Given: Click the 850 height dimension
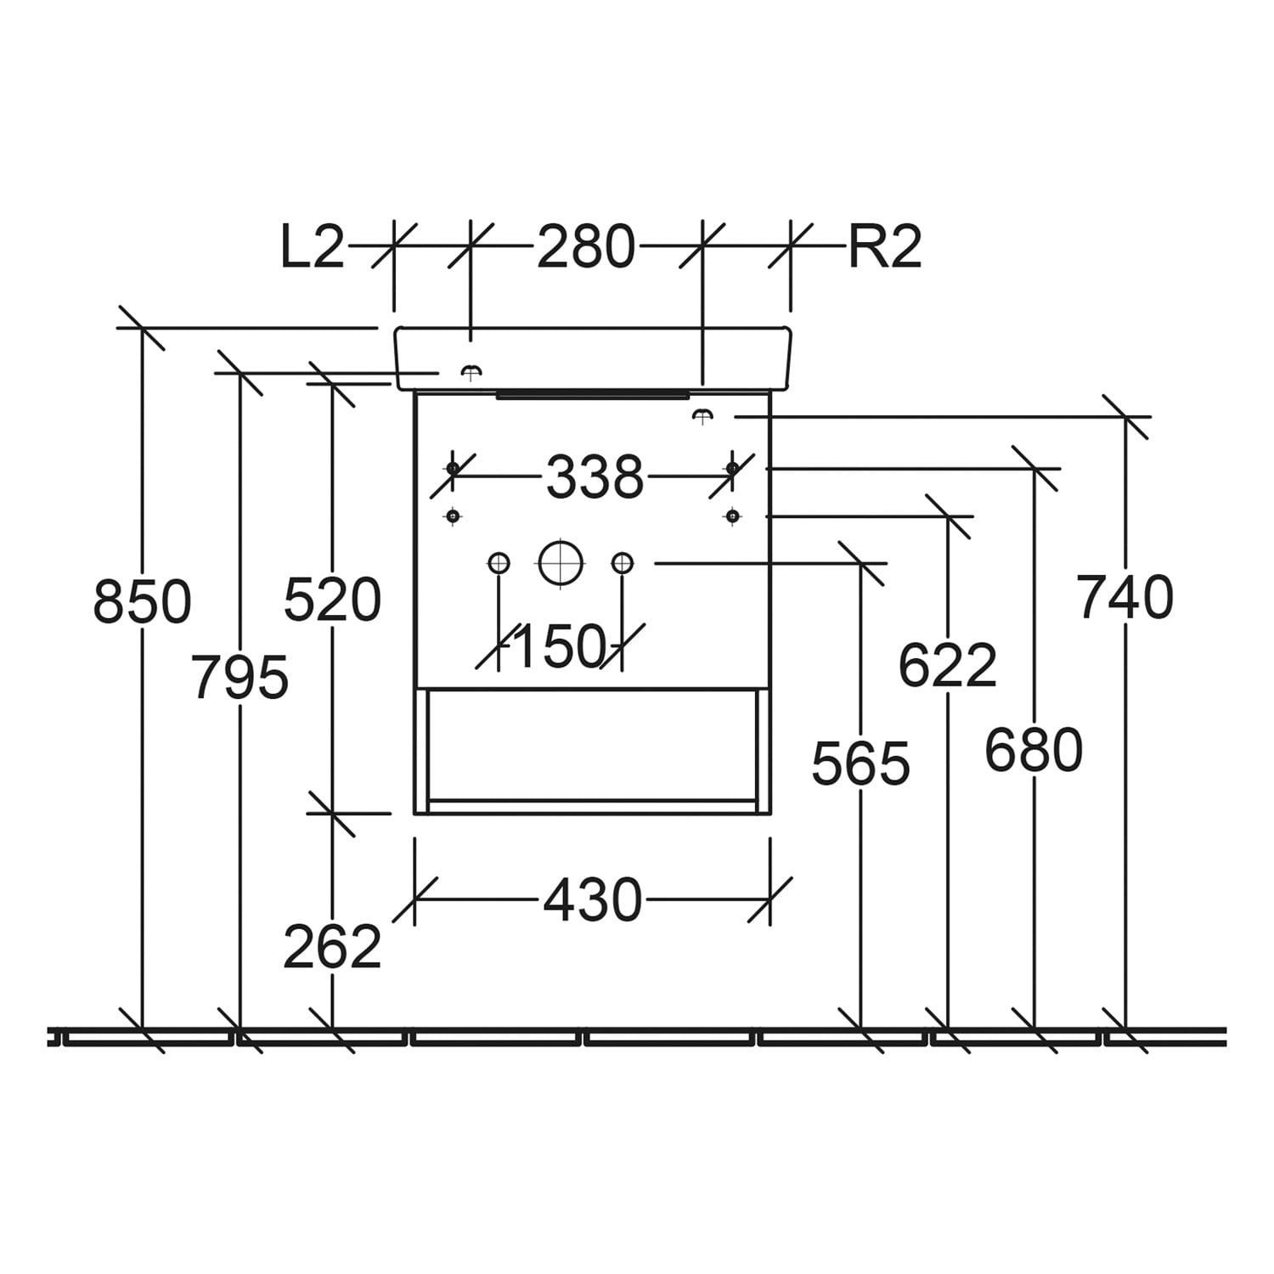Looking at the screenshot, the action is (x=143, y=601).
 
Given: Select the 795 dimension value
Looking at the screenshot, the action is (x=240, y=677).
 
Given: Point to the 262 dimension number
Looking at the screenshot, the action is (x=332, y=946).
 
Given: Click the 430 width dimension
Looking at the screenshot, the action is (x=593, y=899).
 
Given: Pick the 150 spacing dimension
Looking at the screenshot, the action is (x=561, y=646).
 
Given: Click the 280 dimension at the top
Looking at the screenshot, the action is (x=586, y=247).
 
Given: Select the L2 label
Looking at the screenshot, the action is (x=313, y=247).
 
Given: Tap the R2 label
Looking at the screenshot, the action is (x=885, y=247).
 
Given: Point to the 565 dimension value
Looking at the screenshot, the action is (x=861, y=763).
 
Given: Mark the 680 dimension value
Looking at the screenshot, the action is (x=1034, y=749).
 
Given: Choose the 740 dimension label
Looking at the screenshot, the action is (x=1125, y=596).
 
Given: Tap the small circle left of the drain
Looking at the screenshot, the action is (x=499, y=562).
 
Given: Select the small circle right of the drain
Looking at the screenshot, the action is (x=623, y=562).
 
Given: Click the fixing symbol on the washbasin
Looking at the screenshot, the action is (x=471, y=370).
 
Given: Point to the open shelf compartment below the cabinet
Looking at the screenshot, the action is (x=592, y=746).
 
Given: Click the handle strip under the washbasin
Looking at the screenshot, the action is (x=592, y=395).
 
